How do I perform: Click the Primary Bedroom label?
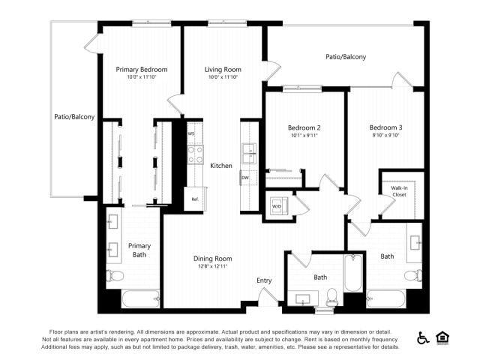coord(141,70)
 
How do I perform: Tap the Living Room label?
coord(222,70)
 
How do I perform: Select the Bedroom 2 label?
coord(293,127)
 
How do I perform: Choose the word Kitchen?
coord(221,166)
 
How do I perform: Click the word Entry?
coord(264,280)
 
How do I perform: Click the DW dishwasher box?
coord(246,178)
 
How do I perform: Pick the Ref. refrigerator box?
coord(194,199)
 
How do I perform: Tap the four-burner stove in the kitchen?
coord(195,154)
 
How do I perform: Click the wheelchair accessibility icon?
coord(423,338)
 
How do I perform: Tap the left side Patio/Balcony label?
coord(74,117)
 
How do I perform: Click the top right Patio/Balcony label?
coord(346,56)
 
